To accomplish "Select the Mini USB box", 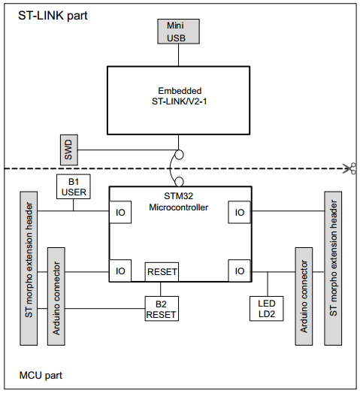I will coord(179,32).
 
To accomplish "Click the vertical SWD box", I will coord(68,150).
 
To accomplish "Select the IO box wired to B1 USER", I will coord(119,213).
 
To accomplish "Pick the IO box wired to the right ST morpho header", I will coord(239,213).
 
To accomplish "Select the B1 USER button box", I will coord(74,186).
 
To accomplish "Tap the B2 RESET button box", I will coord(162,308).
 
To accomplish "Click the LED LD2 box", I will coord(267,308).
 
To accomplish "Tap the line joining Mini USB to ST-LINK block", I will coord(179,55).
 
